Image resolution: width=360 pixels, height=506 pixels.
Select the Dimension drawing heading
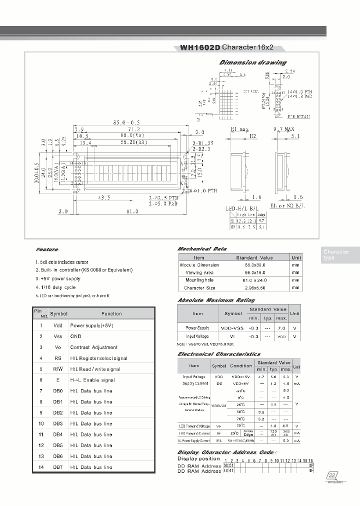pyautogui.click(x=253, y=62)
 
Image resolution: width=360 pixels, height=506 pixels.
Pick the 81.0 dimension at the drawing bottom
pyautogui.click(x=132, y=211)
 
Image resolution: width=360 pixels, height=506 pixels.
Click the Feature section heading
pyautogui.click(x=47, y=249)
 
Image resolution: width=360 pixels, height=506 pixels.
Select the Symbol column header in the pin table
pyautogui.click(x=58, y=313)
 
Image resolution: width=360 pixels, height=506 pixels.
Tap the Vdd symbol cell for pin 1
pyautogui.click(x=58, y=325)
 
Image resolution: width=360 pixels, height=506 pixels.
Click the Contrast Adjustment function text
pyautogui.click(x=93, y=347)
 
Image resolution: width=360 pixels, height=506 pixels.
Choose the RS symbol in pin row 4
pyautogui.click(x=58, y=358)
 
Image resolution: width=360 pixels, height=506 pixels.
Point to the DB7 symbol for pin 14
pyautogui.click(x=58, y=467)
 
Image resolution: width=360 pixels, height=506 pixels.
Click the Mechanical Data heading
pyautogui.click(x=202, y=248)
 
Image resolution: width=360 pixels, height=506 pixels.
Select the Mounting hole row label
pyautogui.click(x=199, y=280)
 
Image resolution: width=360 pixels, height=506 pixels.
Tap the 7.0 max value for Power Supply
pyautogui.click(x=281, y=327)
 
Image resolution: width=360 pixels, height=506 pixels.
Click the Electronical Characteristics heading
pyautogui.click(x=219, y=354)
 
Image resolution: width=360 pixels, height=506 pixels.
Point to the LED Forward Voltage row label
pyautogui.click(x=194, y=425)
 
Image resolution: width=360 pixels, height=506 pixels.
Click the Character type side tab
pyautogui.click(x=336, y=254)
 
